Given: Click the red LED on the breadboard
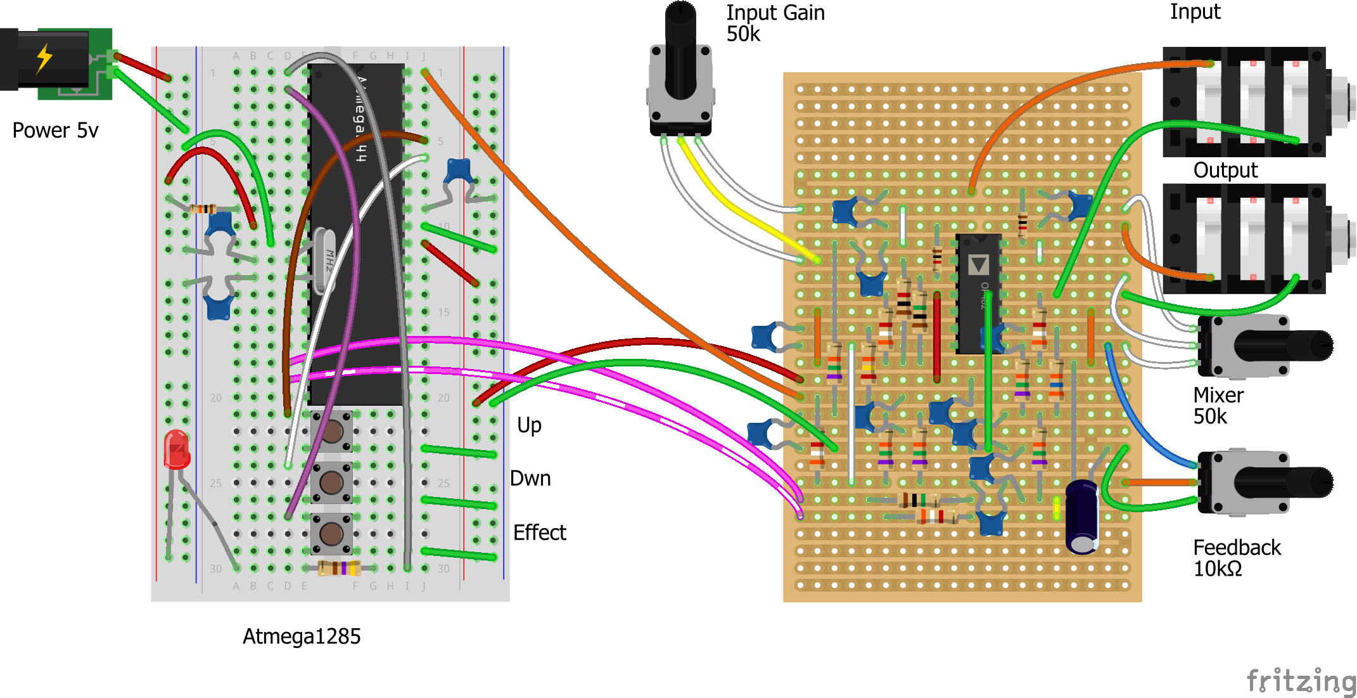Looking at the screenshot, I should click(177, 449).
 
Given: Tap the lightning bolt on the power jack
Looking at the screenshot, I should click(44, 58).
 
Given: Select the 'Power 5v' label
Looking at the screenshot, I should click(55, 131).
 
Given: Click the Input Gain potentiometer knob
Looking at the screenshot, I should click(680, 51).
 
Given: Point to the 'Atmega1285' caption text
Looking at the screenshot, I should click(302, 637).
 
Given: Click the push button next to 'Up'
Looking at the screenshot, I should click(332, 432).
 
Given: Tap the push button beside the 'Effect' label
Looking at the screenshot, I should click(331, 534).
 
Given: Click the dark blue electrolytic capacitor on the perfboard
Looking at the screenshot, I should click(1082, 517).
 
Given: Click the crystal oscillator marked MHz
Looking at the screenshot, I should click(325, 261).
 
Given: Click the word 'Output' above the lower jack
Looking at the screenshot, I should click(1225, 171).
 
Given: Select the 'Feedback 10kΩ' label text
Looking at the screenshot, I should click(1236, 558).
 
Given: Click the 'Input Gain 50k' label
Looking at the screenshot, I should click(774, 23).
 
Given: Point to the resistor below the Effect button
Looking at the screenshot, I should click(340, 568).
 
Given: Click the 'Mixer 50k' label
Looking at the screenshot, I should click(1218, 406).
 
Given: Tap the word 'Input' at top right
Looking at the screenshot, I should click(1194, 11).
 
